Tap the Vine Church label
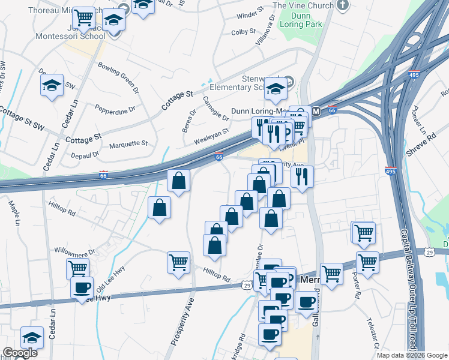point(303,6)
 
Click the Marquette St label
point(128,144)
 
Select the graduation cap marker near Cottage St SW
point(52,86)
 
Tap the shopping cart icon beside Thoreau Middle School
point(83,19)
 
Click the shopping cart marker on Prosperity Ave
point(178,262)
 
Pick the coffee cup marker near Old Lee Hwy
point(82,286)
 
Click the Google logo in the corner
point(20,353)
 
